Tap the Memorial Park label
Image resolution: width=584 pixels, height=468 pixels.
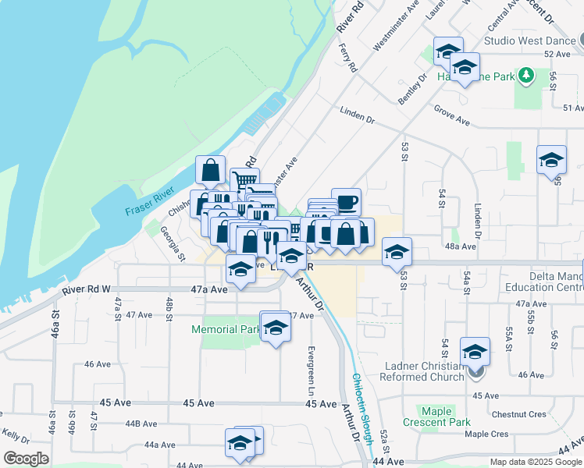coord(226,330)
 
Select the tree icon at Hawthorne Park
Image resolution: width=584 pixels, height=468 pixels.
coord(527,76)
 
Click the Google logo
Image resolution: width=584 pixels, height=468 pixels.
coord(26,458)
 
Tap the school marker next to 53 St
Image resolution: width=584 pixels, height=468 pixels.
coord(397,252)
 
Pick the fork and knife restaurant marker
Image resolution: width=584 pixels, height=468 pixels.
coord(271,240)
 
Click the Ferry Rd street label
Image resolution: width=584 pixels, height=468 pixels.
coord(347,55)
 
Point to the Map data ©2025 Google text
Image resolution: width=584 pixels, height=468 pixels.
coord(535,462)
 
